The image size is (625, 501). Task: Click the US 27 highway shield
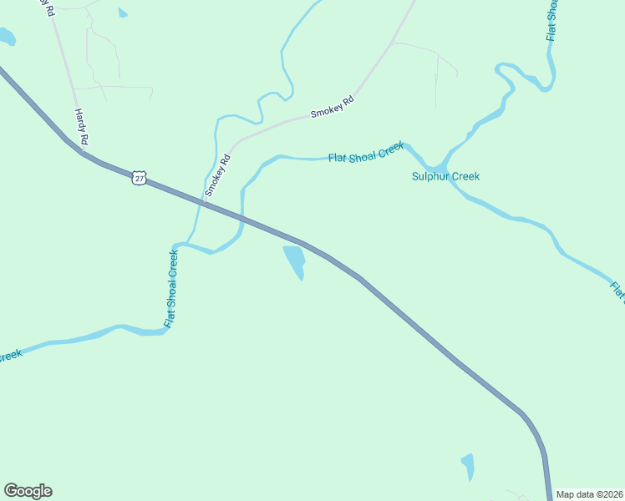(x=140, y=177)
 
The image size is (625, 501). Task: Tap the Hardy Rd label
(x=81, y=127)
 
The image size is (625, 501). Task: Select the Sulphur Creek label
(x=445, y=176)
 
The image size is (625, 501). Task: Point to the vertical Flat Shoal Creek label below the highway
(x=170, y=290)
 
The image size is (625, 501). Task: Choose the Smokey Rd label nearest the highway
(x=217, y=176)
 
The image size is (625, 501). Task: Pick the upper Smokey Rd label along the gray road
(x=333, y=105)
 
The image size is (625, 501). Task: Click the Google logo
(x=28, y=491)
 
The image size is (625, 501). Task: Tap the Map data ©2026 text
(x=589, y=493)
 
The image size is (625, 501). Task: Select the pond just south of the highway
(x=294, y=261)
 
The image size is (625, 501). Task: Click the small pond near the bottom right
(x=468, y=466)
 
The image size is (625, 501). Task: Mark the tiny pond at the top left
(x=123, y=13)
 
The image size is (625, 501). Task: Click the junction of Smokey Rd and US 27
(x=201, y=201)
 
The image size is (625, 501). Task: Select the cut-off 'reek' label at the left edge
(x=9, y=356)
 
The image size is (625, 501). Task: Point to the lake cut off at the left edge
(x=6, y=36)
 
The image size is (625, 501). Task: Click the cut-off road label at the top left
(x=45, y=8)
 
